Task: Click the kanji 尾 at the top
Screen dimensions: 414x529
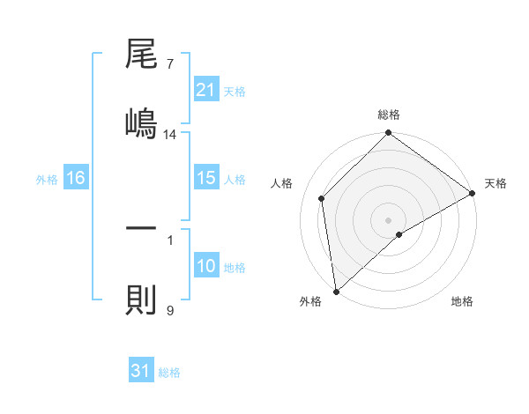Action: point(141,56)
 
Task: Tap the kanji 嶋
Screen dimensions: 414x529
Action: point(141,121)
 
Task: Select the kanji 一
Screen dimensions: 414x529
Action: point(141,228)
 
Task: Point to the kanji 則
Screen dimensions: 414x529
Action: point(141,299)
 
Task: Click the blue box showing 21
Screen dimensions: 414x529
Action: point(205,89)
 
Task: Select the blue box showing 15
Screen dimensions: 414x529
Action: point(205,178)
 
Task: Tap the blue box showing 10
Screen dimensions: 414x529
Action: point(205,266)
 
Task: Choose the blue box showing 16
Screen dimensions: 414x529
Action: point(75,178)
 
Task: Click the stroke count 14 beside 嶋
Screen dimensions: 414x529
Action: point(170,134)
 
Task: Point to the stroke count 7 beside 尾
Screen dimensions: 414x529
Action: point(169,64)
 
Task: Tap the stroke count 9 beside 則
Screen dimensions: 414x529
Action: point(169,310)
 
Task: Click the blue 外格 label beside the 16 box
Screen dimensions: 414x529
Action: point(47,179)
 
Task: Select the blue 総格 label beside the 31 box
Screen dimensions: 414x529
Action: point(169,372)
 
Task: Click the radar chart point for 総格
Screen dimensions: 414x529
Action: point(388,134)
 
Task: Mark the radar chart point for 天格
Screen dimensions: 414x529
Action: point(473,194)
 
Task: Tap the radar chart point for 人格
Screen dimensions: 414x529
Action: point(322,198)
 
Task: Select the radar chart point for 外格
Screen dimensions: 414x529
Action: point(336,291)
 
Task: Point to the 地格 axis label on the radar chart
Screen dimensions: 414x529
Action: point(462,301)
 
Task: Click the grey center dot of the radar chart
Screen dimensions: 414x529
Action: point(388,219)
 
